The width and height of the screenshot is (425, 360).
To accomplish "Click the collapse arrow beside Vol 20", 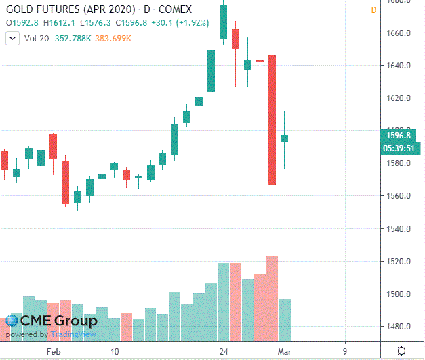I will click(12, 39).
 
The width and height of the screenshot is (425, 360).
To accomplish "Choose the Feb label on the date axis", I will click(54, 352).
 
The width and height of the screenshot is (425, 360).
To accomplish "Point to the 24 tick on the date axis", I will click(223, 352).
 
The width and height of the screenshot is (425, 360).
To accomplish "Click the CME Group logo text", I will click(58, 321).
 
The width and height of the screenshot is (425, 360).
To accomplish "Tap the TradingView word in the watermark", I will click(67, 334).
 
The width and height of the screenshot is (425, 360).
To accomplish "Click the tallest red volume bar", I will click(272, 298).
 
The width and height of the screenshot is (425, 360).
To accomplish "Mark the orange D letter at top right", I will click(373, 9).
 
